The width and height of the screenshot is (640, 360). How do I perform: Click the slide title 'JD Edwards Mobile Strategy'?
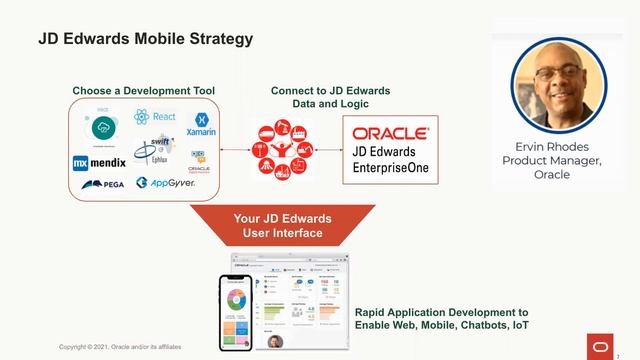[145, 39]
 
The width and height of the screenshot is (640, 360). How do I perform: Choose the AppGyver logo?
[165, 183]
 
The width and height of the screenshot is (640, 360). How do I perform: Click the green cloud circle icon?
[105, 127]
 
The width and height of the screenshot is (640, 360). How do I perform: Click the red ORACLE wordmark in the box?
[391, 132]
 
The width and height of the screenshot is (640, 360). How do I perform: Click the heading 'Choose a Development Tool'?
[143, 91]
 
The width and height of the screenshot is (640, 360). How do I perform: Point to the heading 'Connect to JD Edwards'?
[330, 91]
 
